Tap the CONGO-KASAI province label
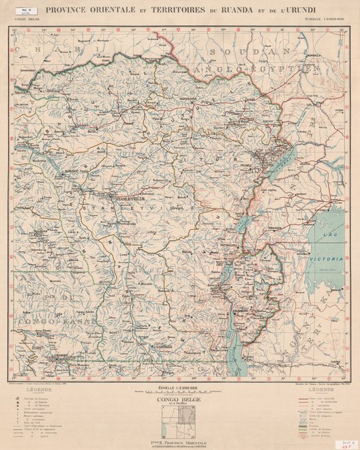(x=41, y=321)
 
